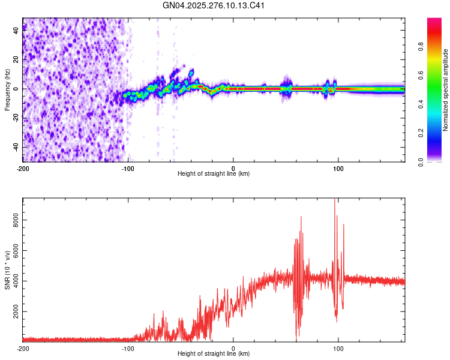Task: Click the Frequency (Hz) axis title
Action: point(7,89)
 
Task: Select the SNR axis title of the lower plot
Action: point(7,269)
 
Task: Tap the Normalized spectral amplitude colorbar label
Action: point(446,90)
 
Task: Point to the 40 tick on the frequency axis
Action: point(16,31)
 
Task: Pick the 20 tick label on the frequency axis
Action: point(16,60)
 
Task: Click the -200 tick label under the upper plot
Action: point(23,167)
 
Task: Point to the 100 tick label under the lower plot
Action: point(338,347)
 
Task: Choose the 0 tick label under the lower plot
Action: point(233,347)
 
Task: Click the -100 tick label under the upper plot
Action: point(128,167)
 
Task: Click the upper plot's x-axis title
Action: point(214,174)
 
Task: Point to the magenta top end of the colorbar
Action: point(434,20)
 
